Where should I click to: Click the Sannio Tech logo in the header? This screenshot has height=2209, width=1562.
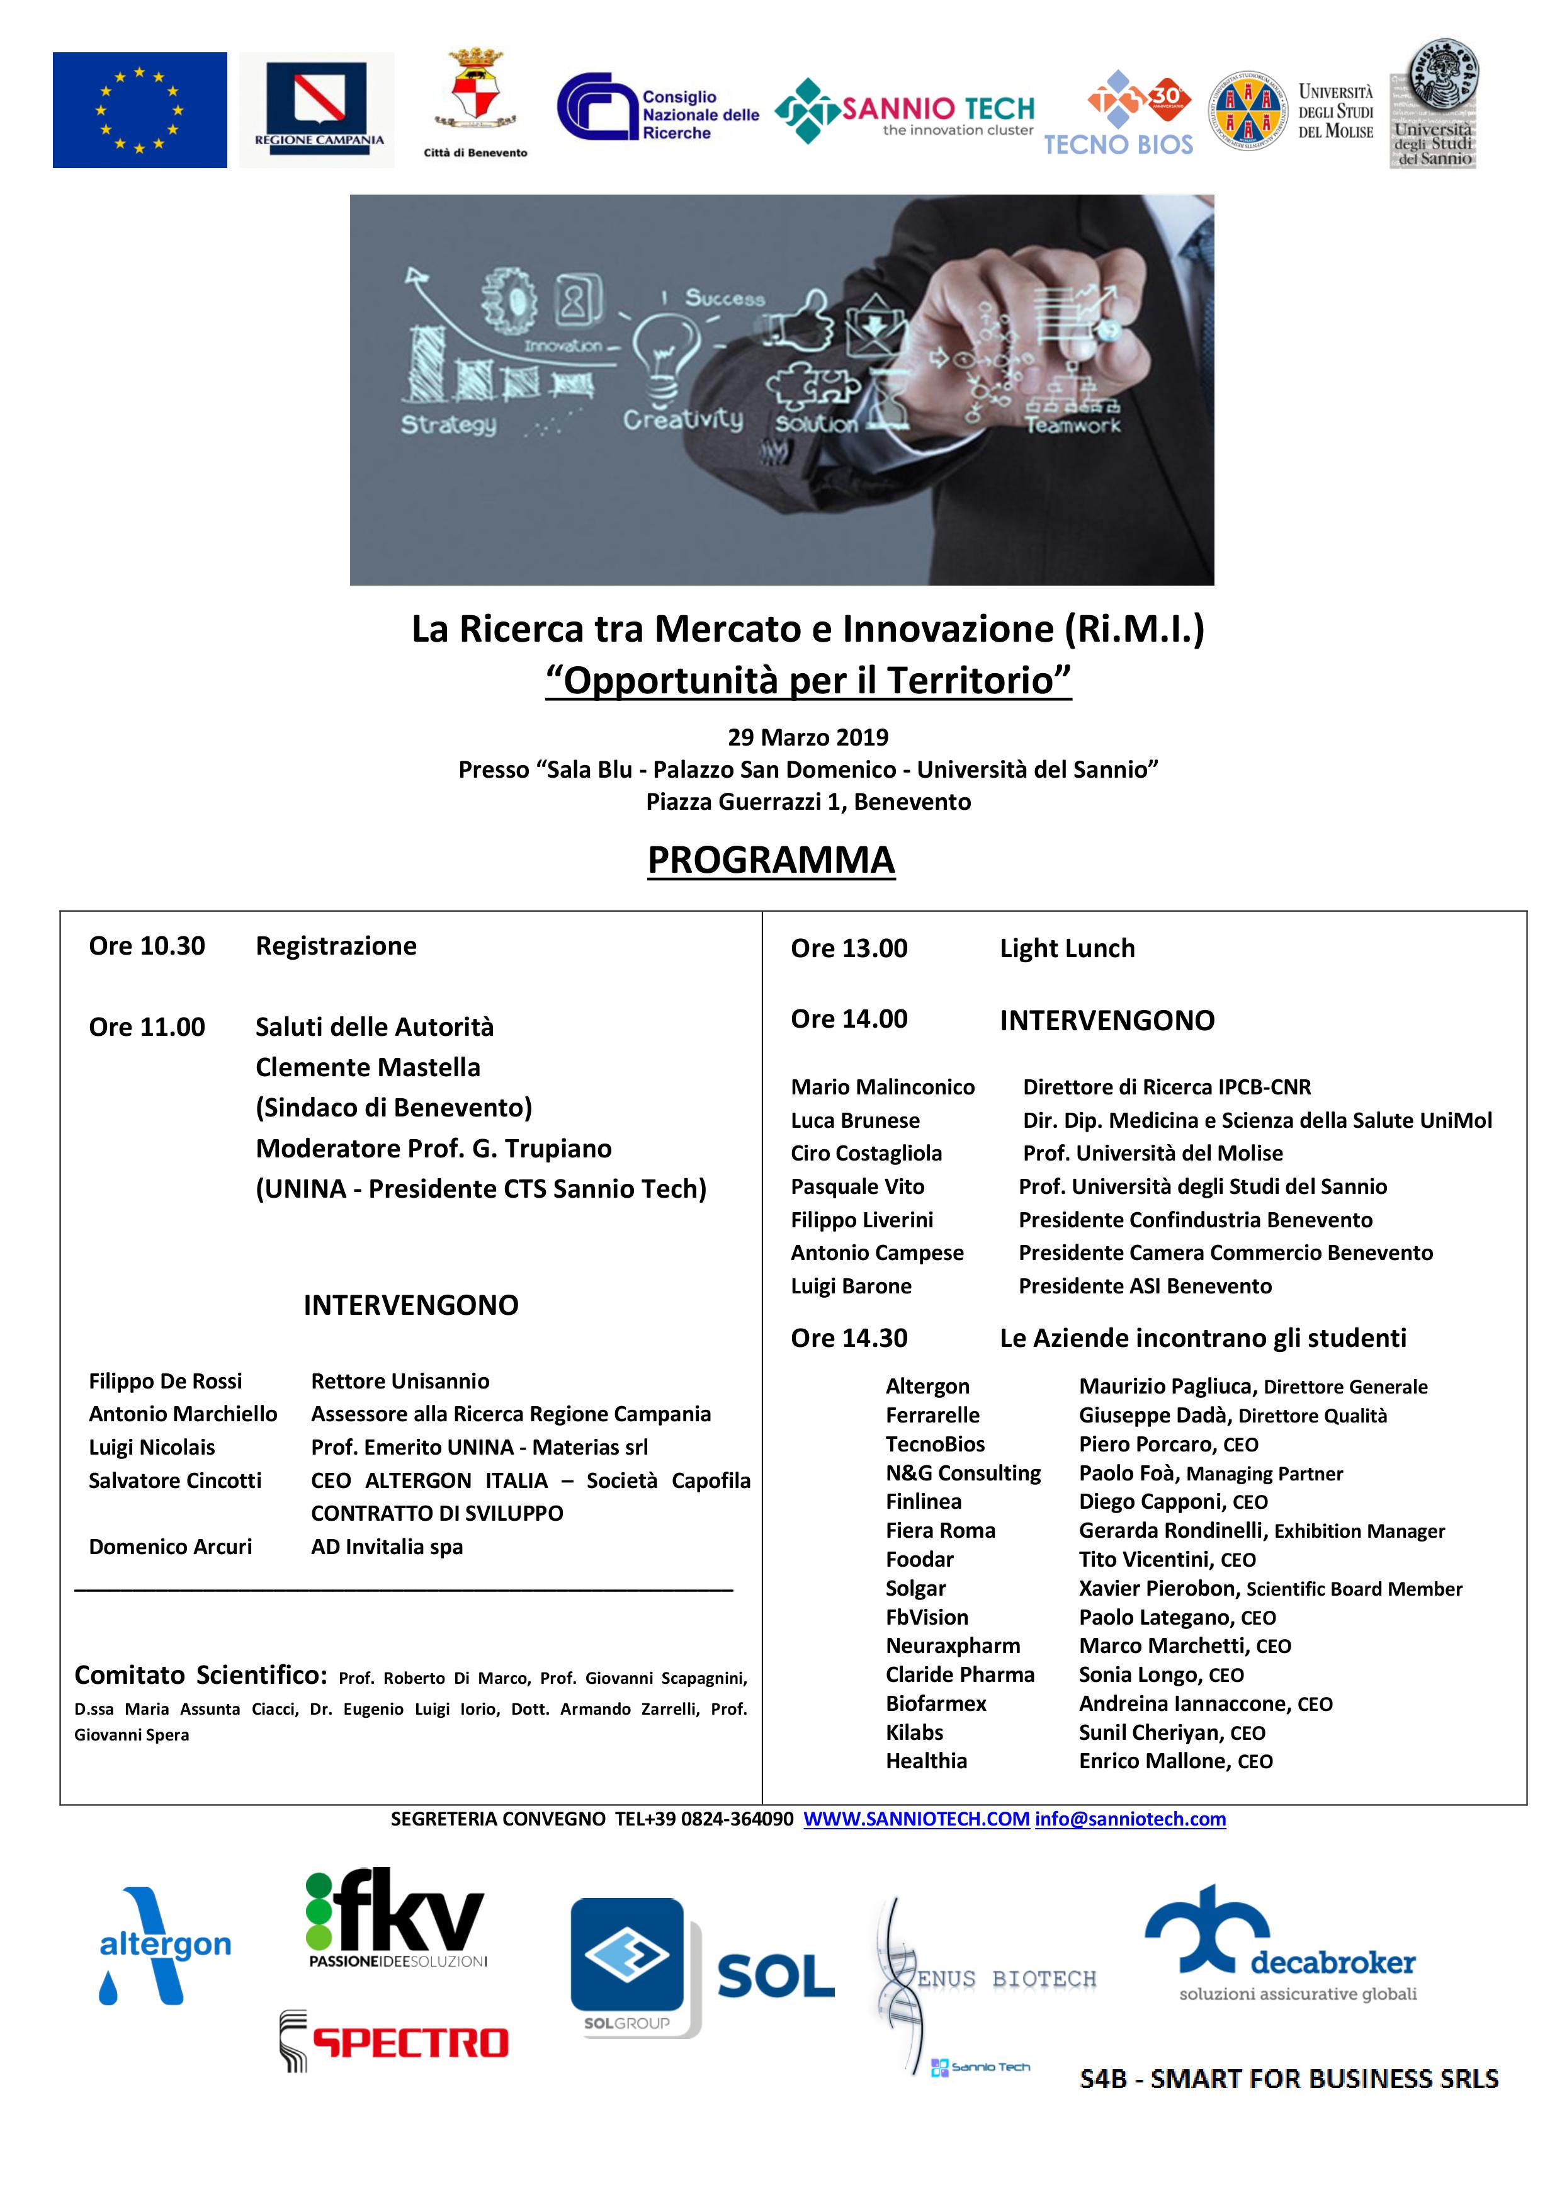(x=904, y=111)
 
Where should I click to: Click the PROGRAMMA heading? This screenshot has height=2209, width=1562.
(x=771, y=859)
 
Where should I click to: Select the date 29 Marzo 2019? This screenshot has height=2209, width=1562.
(x=808, y=737)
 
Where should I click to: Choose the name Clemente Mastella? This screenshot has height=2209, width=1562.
(x=368, y=1067)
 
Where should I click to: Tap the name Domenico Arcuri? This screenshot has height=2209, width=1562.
(x=170, y=1546)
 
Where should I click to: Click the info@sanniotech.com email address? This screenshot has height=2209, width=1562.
(x=1130, y=1819)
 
